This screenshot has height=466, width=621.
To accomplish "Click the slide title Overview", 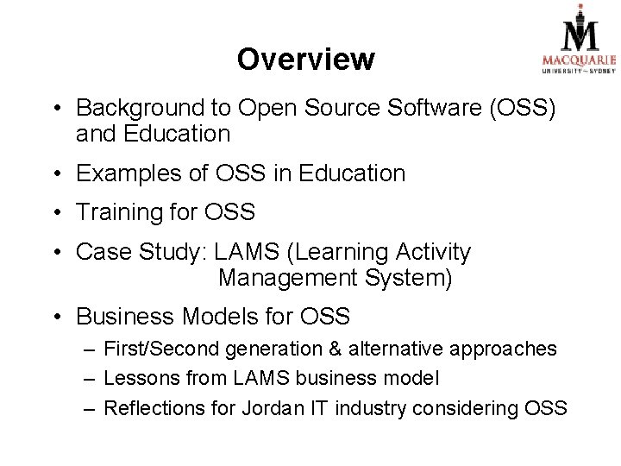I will click(306, 60).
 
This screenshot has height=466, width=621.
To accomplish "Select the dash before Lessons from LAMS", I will click(90, 377).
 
